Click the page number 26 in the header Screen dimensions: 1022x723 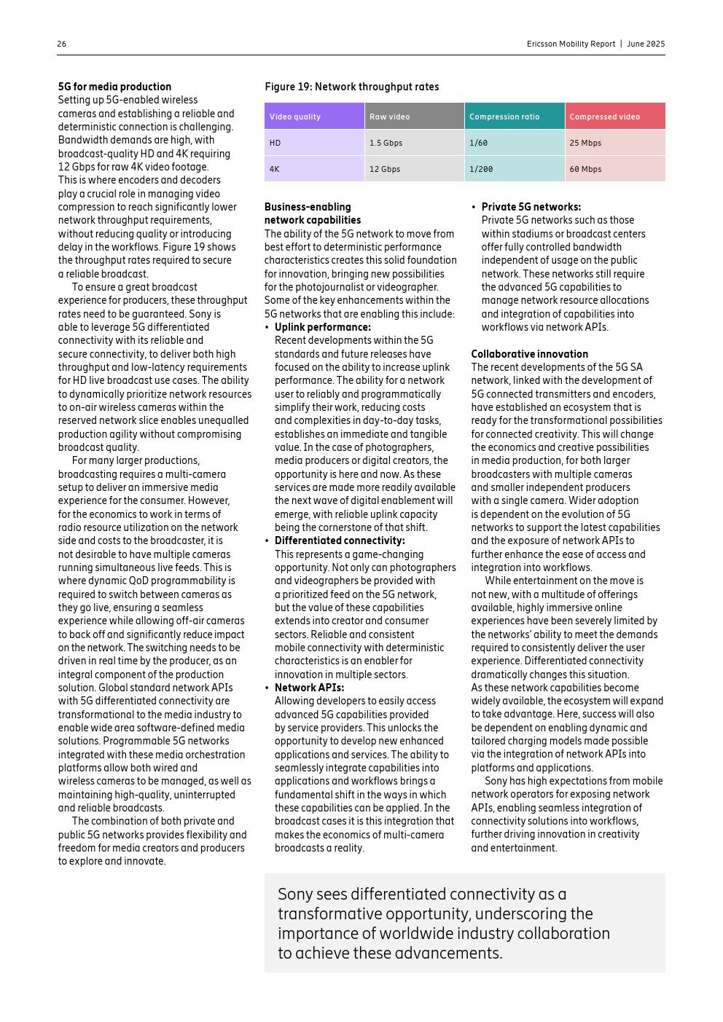tap(62, 44)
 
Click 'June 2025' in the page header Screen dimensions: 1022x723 tap(646, 44)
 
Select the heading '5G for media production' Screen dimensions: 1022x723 tap(114, 87)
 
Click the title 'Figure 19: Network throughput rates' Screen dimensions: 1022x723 tap(351, 87)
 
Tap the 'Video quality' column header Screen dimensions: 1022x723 tap(295, 117)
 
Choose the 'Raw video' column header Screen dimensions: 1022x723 tap(390, 117)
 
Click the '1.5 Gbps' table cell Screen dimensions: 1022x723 tap(386, 143)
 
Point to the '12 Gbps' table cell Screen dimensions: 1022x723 tap(384, 169)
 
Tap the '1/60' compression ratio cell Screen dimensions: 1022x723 tap(478, 143)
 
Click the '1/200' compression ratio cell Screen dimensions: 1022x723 tap(481, 169)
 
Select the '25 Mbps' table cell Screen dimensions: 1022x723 tap(585, 143)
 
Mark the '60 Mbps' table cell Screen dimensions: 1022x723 tap(585, 169)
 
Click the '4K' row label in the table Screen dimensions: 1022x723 tap(274, 169)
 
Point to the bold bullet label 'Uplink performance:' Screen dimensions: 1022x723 tap(323, 327)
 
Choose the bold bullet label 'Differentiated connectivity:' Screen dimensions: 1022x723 tap(340, 541)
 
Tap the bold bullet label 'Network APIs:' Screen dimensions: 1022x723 tap(309, 688)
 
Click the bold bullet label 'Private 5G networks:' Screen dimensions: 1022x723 tap(531, 207)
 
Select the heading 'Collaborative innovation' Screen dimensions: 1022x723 tap(529, 354)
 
